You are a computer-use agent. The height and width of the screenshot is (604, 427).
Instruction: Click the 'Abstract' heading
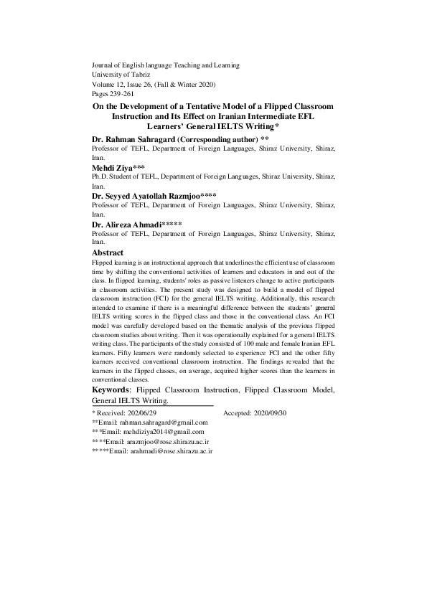click(108, 253)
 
